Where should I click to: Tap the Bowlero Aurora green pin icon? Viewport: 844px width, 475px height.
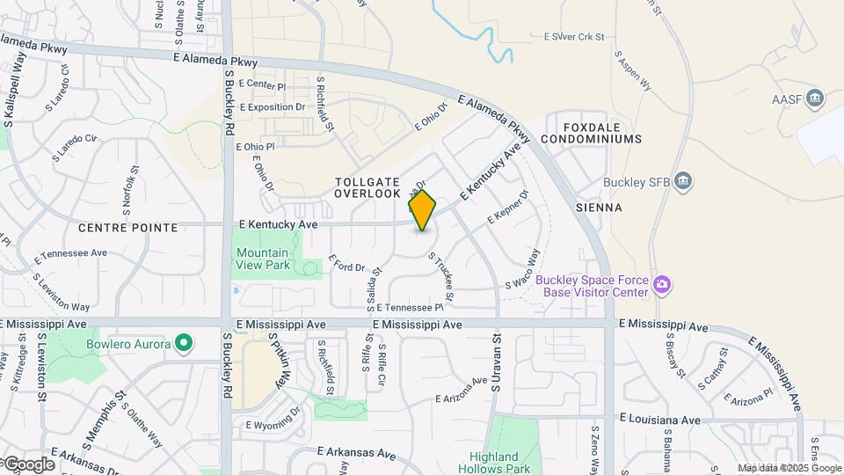tap(184, 343)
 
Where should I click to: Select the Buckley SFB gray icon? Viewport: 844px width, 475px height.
tap(685, 182)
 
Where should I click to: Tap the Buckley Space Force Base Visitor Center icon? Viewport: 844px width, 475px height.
tap(662, 285)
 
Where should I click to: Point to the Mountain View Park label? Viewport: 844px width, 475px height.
tap(263, 259)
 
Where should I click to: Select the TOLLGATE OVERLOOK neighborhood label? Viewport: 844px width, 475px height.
tap(367, 186)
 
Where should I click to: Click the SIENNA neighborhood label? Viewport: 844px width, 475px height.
tap(599, 208)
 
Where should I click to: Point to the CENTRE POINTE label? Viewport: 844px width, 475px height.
tap(127, 228)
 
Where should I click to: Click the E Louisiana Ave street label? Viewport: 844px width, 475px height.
tap(660, 419)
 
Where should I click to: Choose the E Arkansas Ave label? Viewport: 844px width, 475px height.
tap(359, 452)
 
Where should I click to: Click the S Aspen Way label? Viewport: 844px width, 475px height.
tap(637, 77)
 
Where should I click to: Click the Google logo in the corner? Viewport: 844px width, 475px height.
tap(28, 464)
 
